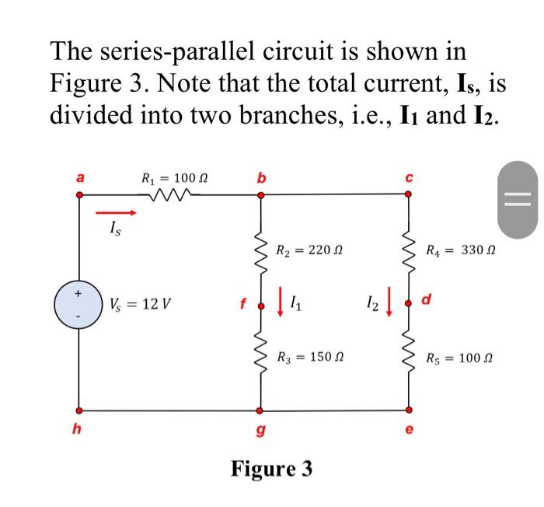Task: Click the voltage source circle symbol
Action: pos(77,303)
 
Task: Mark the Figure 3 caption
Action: pos(271,469)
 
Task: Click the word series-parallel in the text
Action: pos(195,52)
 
